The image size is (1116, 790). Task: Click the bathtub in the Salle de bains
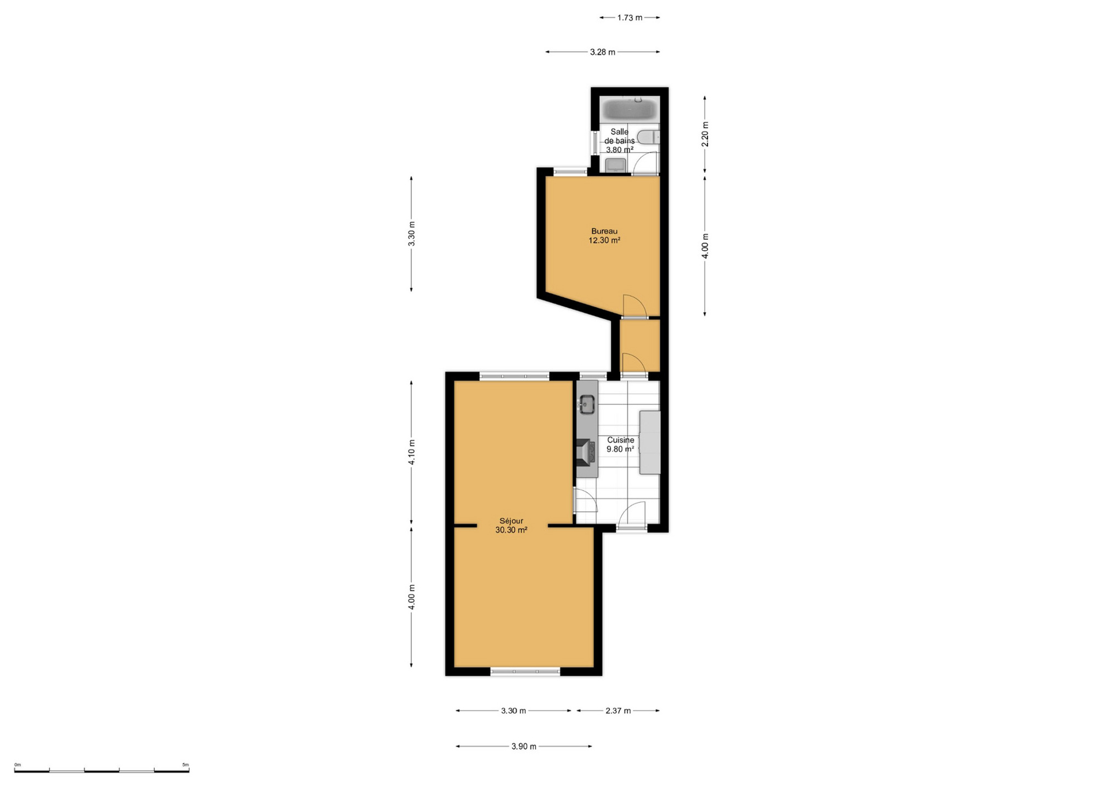pos(629,109)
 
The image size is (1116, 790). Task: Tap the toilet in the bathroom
pos(649,137)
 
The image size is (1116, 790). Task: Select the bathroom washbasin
pos(615,165)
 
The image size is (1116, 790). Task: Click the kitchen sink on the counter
pos(587,404)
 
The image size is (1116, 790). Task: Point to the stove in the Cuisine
pos(586,452)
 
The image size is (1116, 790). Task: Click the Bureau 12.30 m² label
pos(604,236)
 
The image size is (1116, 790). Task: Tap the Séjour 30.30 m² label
pos(511,526)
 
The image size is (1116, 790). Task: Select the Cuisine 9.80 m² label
pos(620,444)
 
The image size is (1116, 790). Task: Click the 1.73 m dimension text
pos(630,18)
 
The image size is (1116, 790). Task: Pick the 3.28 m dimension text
pos(602,52)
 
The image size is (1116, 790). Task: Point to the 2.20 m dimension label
pos(705,134)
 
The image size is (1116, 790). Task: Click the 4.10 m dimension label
pos(411,453)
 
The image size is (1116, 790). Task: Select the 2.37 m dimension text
pos(618,710)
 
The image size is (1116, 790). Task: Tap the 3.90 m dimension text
pos(524,746)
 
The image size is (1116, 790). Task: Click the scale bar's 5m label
pos(185,765)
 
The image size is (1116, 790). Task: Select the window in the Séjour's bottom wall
pos(525,672)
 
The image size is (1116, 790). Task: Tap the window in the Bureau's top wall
pos(570,172)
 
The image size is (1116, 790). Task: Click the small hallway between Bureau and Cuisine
pos(640,346)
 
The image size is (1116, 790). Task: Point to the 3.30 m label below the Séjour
pos(513,710)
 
